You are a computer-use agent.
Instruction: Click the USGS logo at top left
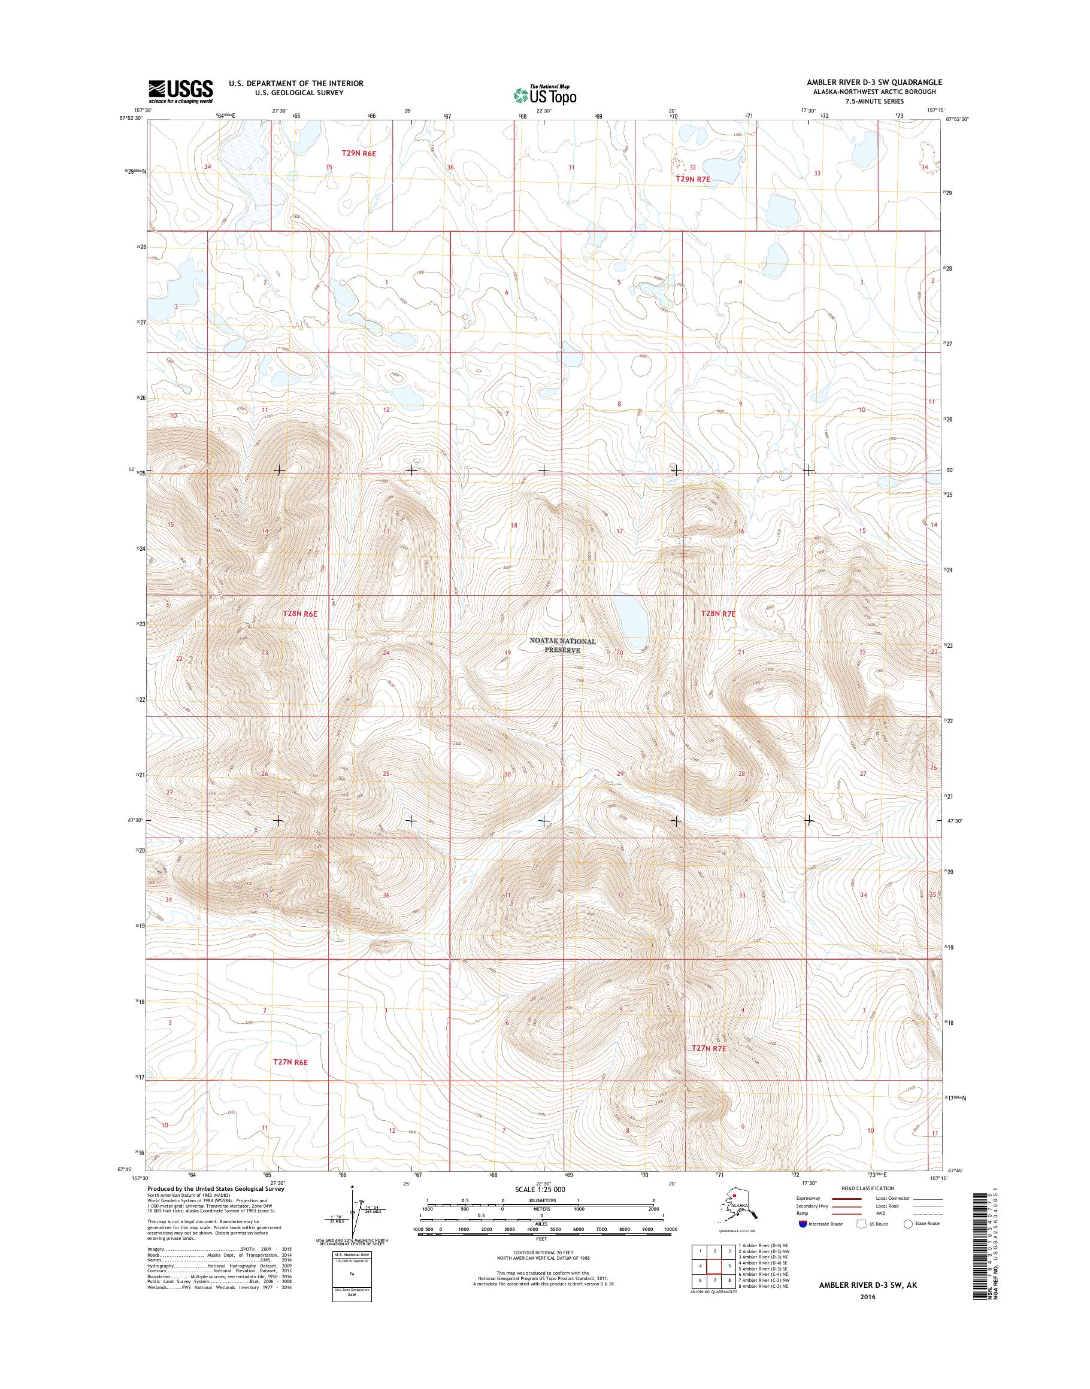click(181, 91)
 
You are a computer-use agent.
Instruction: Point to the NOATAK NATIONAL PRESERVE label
click(562, 645)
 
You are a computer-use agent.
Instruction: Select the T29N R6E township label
click(359, 153)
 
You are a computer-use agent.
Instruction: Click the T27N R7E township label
click(710, 1048)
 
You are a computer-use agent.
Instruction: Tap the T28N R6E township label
click(300, 613)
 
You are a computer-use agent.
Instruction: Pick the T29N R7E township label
click(693, 180)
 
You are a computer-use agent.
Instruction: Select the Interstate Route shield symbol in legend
click(802, 1223)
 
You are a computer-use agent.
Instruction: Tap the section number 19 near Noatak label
click(508, 653)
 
